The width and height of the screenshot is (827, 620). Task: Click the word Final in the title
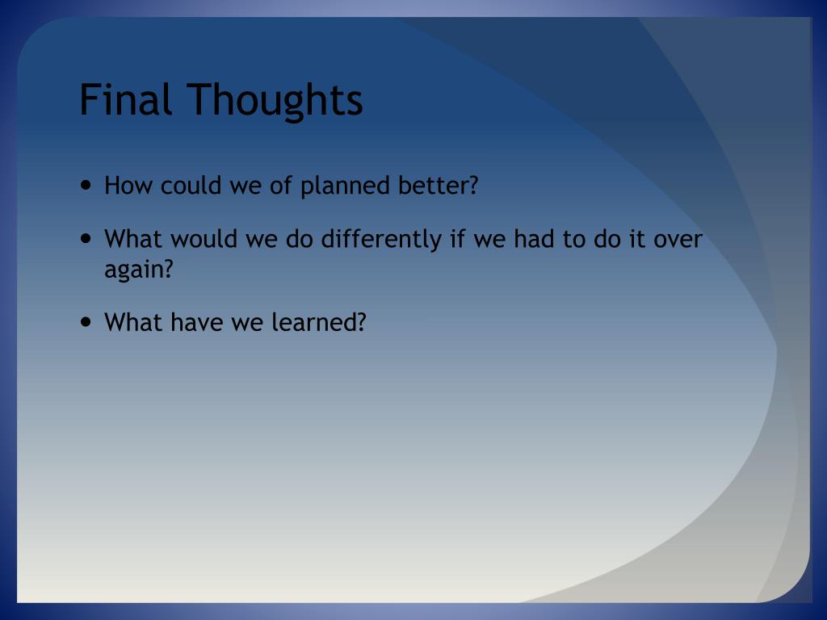click(125, 98)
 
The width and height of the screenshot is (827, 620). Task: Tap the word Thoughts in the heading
click(275, 100)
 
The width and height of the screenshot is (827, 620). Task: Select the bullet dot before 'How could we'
click(86, 185)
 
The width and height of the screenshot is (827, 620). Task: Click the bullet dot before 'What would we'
click(86, 238)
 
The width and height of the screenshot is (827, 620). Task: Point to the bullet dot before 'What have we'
click(86, 321)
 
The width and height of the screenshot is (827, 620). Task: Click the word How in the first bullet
click(128, 185)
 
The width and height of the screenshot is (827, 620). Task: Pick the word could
click(191, 185)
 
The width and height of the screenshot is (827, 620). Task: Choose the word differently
click(381, 240)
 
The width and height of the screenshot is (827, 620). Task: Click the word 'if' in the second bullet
click(457, 238)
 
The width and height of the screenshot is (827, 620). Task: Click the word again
click(134, 270)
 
